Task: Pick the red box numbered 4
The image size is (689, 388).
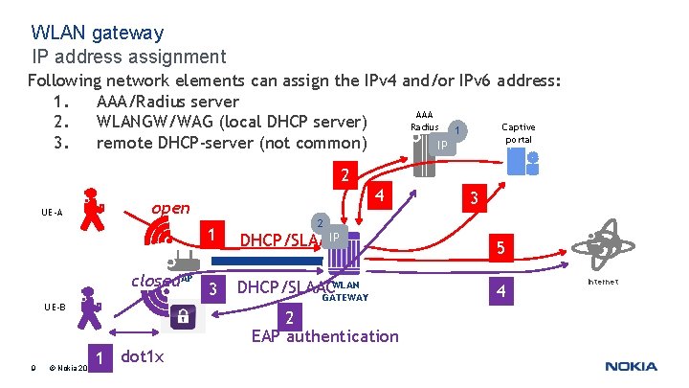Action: (x=380, y=195)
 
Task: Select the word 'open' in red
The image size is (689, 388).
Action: (x=171, y=208)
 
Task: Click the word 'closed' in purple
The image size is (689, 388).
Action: (x=155, y=281)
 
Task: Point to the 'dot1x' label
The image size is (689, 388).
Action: (x=144, y=356)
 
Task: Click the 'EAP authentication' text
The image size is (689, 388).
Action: (x=324, y=335)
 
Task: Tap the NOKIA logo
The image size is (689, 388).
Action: (x=631, y=366)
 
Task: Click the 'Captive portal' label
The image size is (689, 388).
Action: (x=518, y=133)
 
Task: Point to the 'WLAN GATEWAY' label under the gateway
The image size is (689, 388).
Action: (x=345, y=291)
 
